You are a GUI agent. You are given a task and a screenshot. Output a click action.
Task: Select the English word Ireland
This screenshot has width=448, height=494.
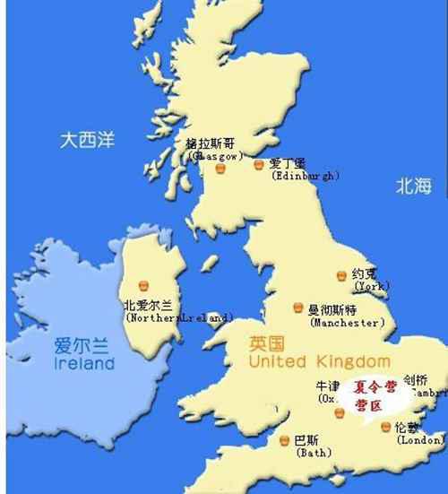(x=84, y=365)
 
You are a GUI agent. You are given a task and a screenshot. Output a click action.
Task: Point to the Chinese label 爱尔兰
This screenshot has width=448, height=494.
(x=78, y=346)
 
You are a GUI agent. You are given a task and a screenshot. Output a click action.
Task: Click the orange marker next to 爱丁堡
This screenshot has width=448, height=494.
(x=258, y=165)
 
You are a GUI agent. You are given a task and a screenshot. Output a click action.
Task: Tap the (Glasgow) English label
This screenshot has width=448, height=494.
(x=215, y=155)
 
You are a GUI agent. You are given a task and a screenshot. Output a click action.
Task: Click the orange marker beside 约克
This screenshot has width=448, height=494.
(x=341, y=275)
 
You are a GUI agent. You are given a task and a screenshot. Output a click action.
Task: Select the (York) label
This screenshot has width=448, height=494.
(x=372, y=286)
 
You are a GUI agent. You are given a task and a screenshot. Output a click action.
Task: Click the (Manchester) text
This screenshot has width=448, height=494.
(x=347, y=322)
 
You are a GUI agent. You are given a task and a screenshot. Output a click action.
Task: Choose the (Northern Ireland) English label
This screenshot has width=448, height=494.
(x=179, y=317)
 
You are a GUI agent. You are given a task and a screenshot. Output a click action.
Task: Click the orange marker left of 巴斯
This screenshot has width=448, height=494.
(x=284, y=440)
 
